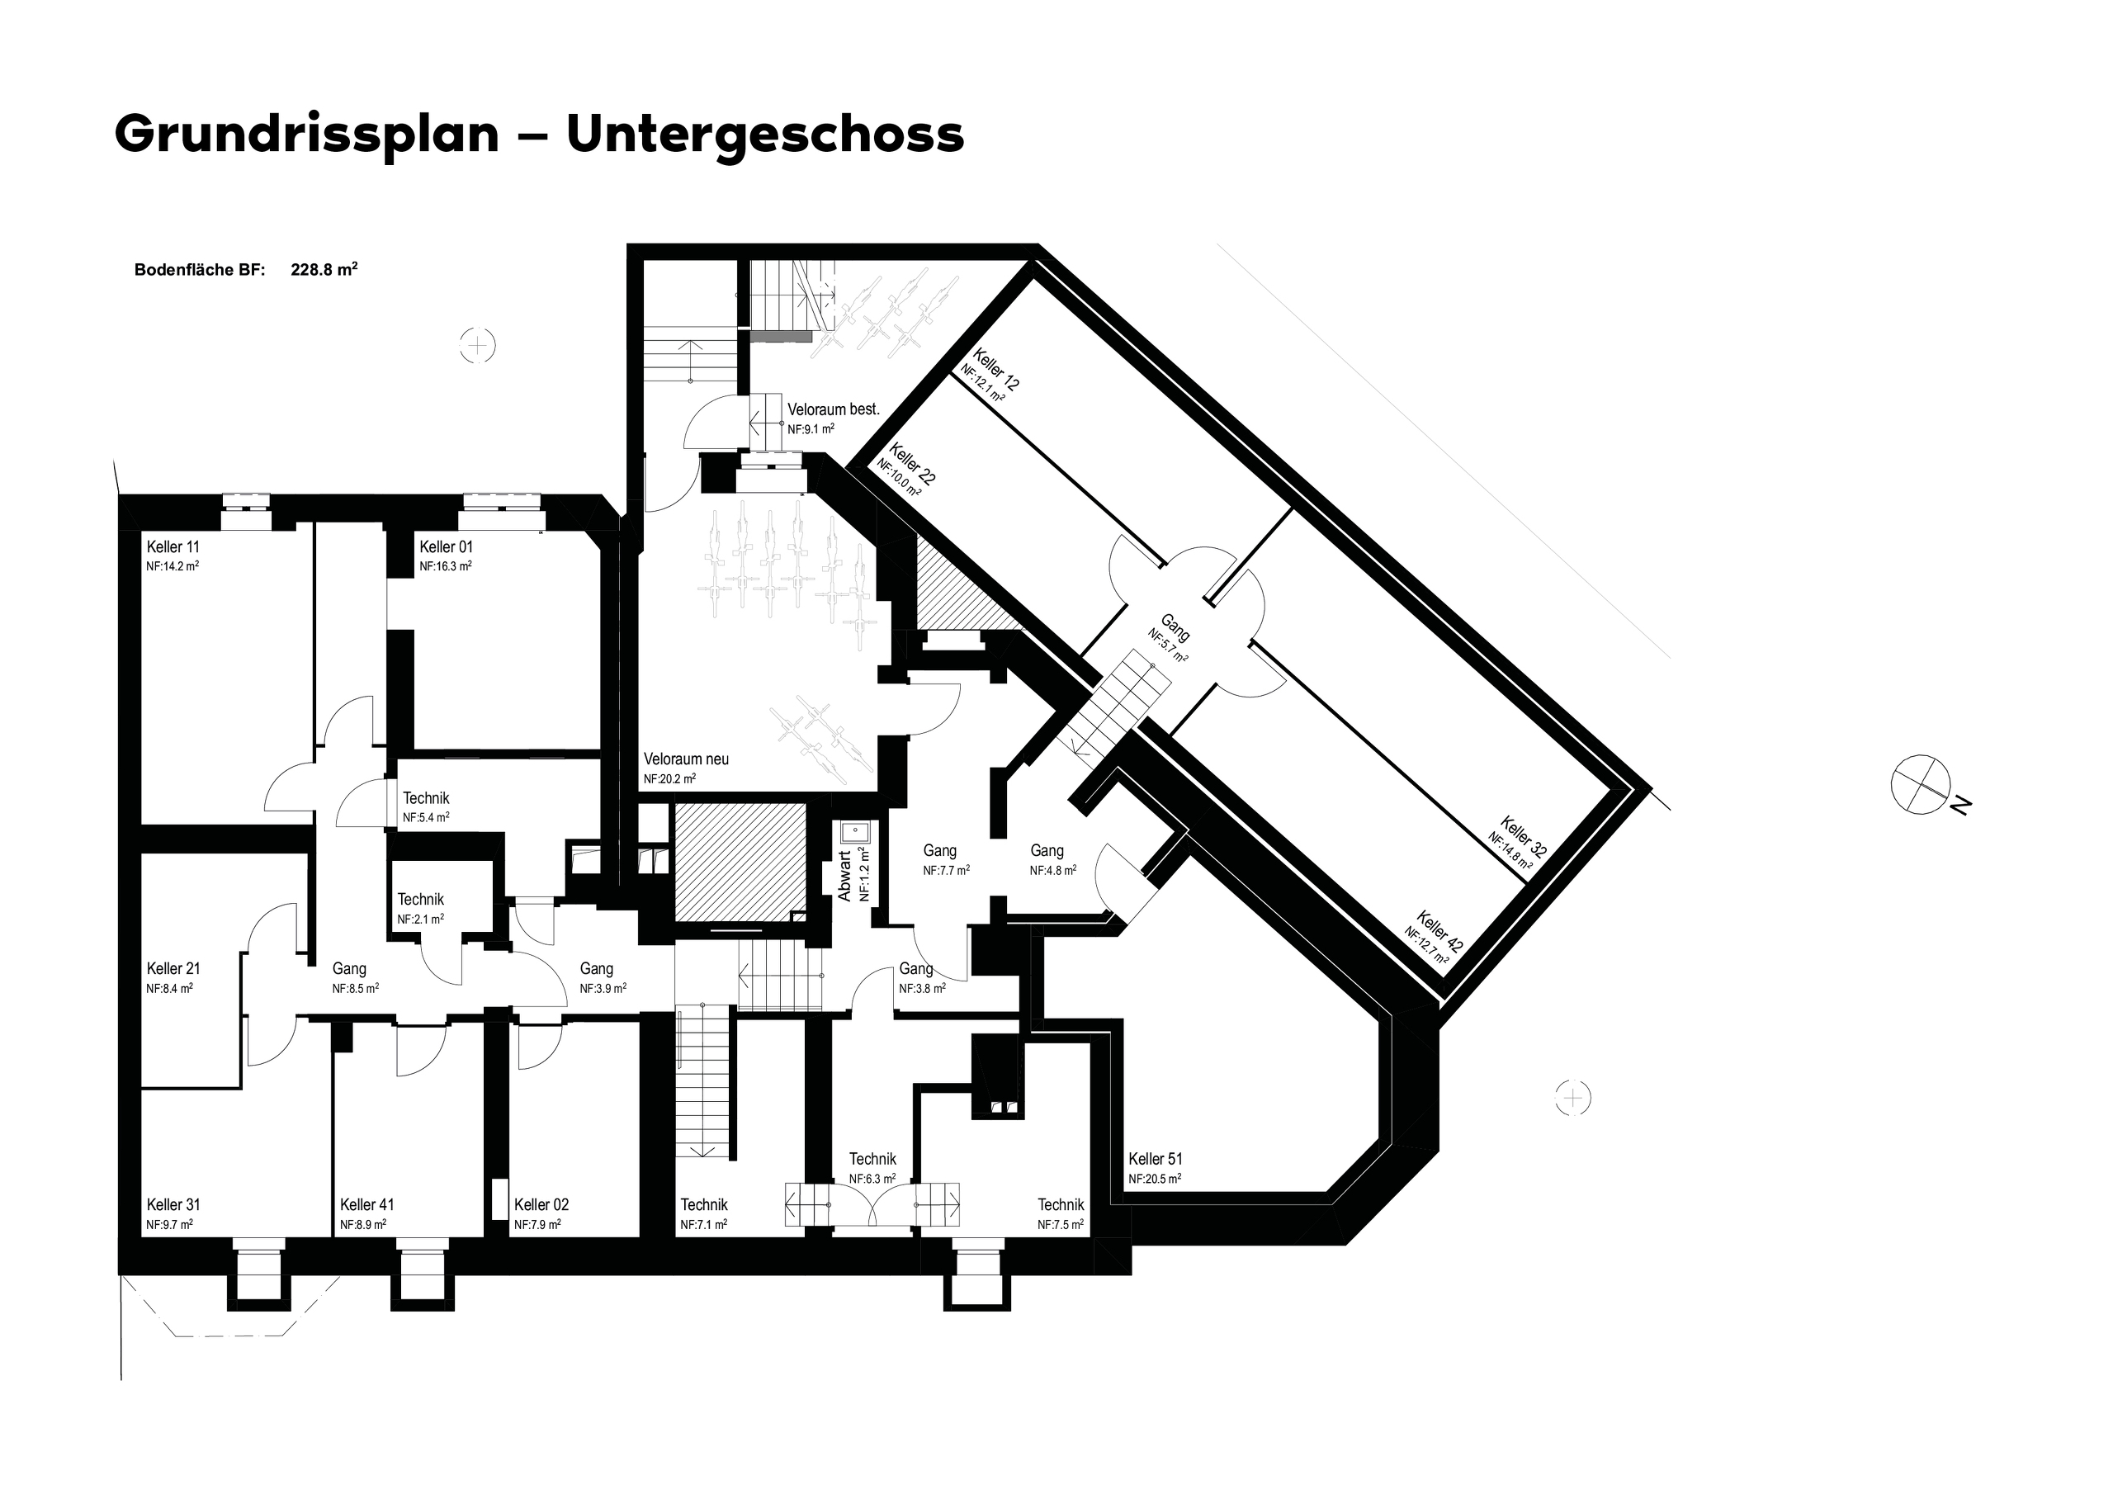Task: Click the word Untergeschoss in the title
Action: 765,135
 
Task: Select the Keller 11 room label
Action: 173,546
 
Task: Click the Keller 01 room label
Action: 447,546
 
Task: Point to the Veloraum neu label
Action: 686,759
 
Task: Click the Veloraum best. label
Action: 833,409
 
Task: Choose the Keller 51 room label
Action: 1155,1159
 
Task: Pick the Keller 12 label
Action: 995,370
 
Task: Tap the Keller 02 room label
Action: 541,1205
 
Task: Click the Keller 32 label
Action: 1522,837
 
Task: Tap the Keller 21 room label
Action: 173,968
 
